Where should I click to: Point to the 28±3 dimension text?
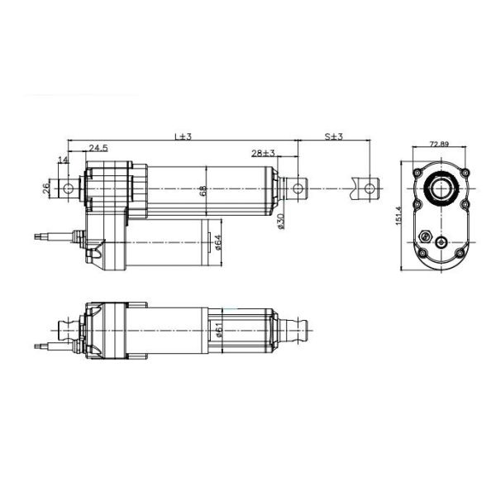click(x=264, y=154)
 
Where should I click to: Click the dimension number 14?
click(x=63, y=159)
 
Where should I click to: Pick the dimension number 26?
click(x=46, y=188)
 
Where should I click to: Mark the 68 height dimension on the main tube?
click(x=203, y=191)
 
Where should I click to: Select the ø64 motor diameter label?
click(x=217, y=242)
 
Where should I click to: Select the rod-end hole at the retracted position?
click(x=299, y=189)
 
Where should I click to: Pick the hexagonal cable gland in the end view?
click(x=427, y=235)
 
